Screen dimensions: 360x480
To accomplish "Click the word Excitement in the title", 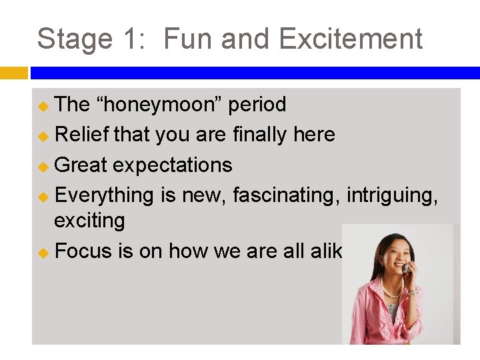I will coord(351,39).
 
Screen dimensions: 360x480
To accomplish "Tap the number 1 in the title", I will coord(129,39).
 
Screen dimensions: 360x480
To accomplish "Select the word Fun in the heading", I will coord(188,39).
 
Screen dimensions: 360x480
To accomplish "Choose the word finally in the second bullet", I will coord(261,135).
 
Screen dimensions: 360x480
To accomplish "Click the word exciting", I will coord(89,220).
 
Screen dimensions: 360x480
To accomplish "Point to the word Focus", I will coord(83,251).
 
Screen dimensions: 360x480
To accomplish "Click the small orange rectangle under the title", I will coord(13,73).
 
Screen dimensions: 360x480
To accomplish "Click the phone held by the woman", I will coord(405,267).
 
